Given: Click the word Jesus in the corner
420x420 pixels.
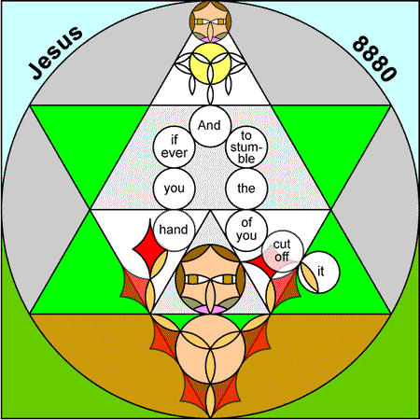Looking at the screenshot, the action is point(56,52).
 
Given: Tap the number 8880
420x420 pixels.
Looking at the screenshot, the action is point(375,59).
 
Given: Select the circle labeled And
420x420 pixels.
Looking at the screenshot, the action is point(210,126).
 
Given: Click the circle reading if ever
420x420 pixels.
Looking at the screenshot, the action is point(175,147).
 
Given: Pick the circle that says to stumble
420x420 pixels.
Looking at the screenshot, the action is point(246,147).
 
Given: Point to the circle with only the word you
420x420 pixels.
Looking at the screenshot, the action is point(175,189).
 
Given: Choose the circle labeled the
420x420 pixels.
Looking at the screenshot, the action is point(246,189).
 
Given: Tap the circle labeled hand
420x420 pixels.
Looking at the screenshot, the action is point(175,231).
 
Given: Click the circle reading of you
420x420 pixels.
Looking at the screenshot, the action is point(246,231).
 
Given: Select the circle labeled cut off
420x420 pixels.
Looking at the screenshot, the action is point(283,251).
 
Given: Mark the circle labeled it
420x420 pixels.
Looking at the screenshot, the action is point(319,273).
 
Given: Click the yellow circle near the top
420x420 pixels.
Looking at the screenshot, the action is point(210,63).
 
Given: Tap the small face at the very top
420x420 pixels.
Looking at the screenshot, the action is point(210,21).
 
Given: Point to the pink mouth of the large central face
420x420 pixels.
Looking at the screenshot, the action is point(210,309).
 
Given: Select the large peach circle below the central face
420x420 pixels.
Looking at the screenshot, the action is point(210,349).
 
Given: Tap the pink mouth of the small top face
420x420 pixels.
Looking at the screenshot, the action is point(210,39).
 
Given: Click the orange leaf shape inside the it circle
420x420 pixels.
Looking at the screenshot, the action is point(309,277).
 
